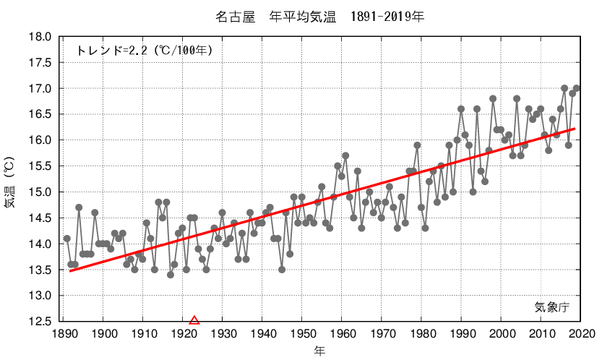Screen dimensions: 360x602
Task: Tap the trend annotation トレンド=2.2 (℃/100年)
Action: (145, 51)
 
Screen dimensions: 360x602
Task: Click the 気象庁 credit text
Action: (552, 307)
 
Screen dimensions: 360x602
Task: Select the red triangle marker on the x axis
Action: (194, 320)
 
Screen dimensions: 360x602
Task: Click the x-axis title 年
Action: (319, 351)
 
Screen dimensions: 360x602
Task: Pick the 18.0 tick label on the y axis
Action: (40, 37)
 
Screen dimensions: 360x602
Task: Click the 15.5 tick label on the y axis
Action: (40, 166)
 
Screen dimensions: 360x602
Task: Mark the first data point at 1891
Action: (67, 239)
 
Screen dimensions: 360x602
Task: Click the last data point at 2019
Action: (577, 88)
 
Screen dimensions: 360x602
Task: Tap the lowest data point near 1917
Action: (171, 275)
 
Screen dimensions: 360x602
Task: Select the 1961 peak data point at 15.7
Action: (345, 155)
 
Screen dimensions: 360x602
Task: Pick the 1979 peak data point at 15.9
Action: (417, 145)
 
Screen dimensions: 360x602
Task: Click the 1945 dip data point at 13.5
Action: (282, 270)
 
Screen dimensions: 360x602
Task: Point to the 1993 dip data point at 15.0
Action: (473, 192)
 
